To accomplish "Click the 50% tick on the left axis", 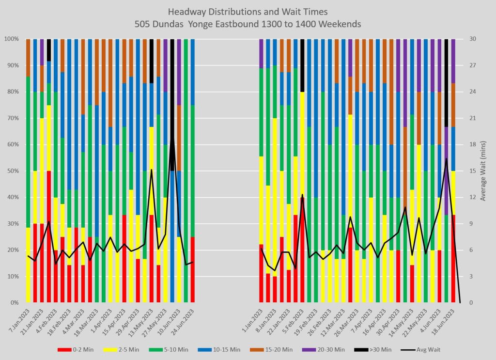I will pos(12,171).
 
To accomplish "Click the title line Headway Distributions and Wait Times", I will pos(248,12).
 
